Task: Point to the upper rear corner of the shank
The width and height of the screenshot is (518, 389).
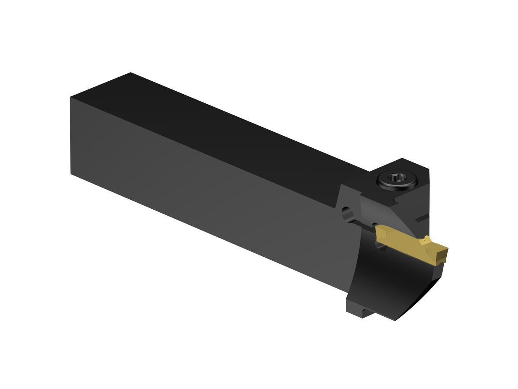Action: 70,97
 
